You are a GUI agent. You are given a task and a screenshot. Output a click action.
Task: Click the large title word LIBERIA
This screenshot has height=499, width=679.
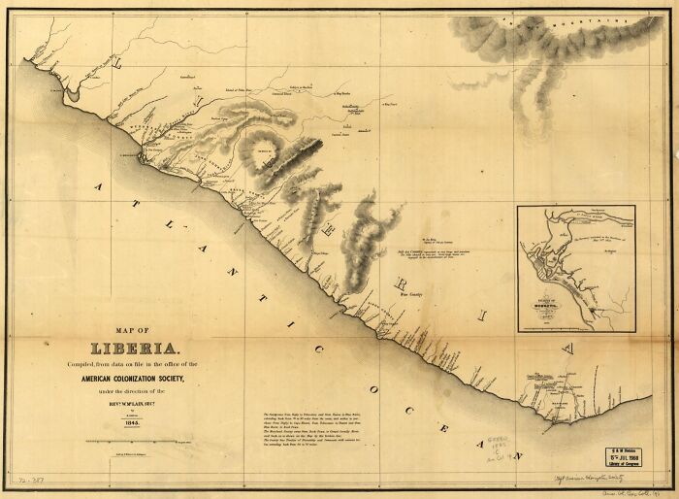pos(135,348)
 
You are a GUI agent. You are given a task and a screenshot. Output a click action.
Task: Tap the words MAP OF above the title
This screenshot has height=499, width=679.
pos(135,330)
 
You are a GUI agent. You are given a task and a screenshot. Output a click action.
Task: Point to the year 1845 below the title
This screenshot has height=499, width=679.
pos(135,421)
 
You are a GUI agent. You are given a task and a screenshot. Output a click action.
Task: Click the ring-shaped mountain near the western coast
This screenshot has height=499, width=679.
pos(264,151)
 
